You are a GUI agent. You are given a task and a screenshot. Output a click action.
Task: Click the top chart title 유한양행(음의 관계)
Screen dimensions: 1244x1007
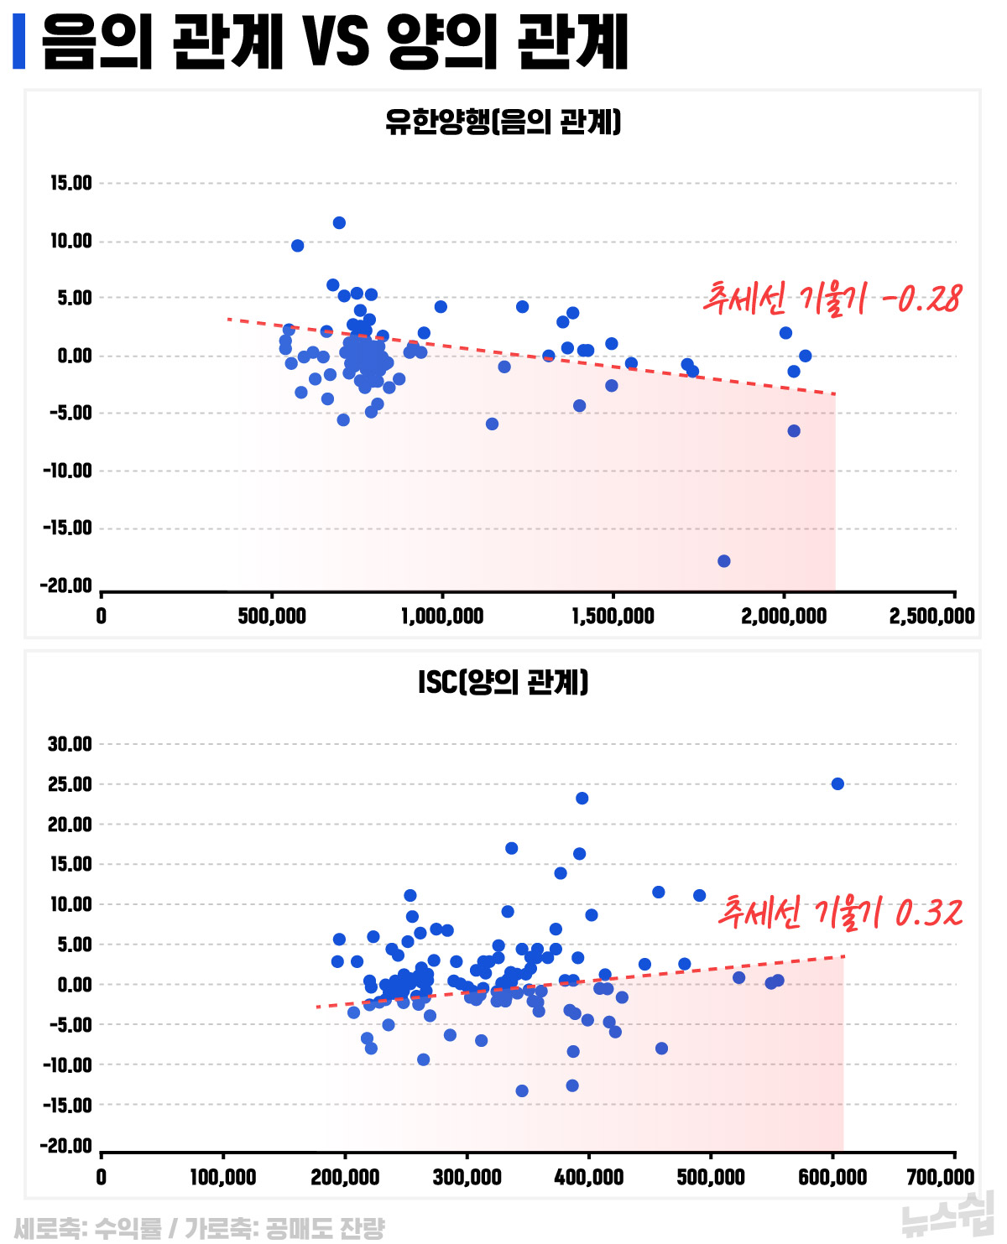[503, 122]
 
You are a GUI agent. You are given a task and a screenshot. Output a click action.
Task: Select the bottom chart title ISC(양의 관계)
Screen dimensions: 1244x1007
[503, 682]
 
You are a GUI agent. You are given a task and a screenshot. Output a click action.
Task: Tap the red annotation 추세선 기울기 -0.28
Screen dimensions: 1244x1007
[832, 299]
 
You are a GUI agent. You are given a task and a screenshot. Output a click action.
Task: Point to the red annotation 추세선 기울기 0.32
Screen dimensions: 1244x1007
[840, 912]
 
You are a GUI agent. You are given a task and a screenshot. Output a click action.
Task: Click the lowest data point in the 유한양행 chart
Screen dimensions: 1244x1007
[724, 561]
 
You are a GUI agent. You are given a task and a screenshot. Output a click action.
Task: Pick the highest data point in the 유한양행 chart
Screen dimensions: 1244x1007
[339, 223]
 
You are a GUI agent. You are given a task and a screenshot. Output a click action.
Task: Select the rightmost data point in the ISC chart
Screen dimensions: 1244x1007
[837, 784]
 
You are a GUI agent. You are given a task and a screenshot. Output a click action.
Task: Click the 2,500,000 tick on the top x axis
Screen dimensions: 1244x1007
[931, 617]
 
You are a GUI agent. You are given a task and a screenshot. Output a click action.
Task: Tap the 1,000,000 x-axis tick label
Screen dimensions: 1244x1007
[442, 617]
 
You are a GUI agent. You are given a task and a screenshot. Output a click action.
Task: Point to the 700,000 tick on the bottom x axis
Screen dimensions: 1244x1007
[940, 1177]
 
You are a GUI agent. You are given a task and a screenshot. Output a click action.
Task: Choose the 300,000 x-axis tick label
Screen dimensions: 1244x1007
[467, 1177]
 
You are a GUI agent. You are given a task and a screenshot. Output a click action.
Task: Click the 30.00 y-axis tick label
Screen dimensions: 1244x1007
[70, 744]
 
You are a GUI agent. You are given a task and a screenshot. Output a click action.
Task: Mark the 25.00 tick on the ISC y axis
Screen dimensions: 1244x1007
[70, 784]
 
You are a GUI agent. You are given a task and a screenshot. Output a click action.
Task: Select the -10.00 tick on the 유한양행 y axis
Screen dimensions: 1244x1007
[67, 471]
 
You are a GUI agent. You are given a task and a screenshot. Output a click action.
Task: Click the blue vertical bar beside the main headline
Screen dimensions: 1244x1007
[19, 41]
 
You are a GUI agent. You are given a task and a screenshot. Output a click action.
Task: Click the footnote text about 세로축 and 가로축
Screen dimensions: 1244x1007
[199, 1229]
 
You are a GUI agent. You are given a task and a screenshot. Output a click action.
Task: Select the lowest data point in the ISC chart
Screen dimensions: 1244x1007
[522, 1091]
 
